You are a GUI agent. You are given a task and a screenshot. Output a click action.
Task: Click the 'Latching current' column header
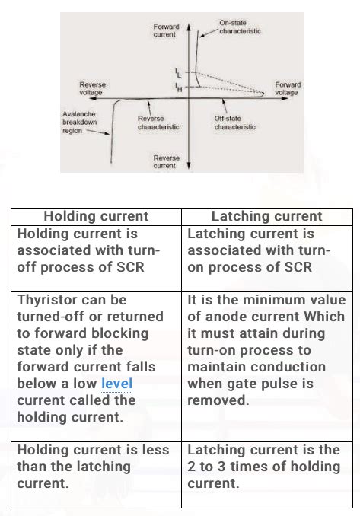[266, 216]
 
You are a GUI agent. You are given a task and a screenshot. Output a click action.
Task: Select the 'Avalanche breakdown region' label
[79, 122]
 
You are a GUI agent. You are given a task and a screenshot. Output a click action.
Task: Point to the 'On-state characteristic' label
[241, 28]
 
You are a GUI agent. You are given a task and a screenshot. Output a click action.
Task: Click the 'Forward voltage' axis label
[287, 88]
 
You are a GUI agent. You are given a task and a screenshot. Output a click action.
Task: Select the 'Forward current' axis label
[166, 30]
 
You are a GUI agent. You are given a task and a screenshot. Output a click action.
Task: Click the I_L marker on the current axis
[178, 73]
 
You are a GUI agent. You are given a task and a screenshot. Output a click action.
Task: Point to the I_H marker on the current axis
[178, 89]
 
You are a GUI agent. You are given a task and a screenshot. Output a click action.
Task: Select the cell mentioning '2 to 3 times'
[266, 466]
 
